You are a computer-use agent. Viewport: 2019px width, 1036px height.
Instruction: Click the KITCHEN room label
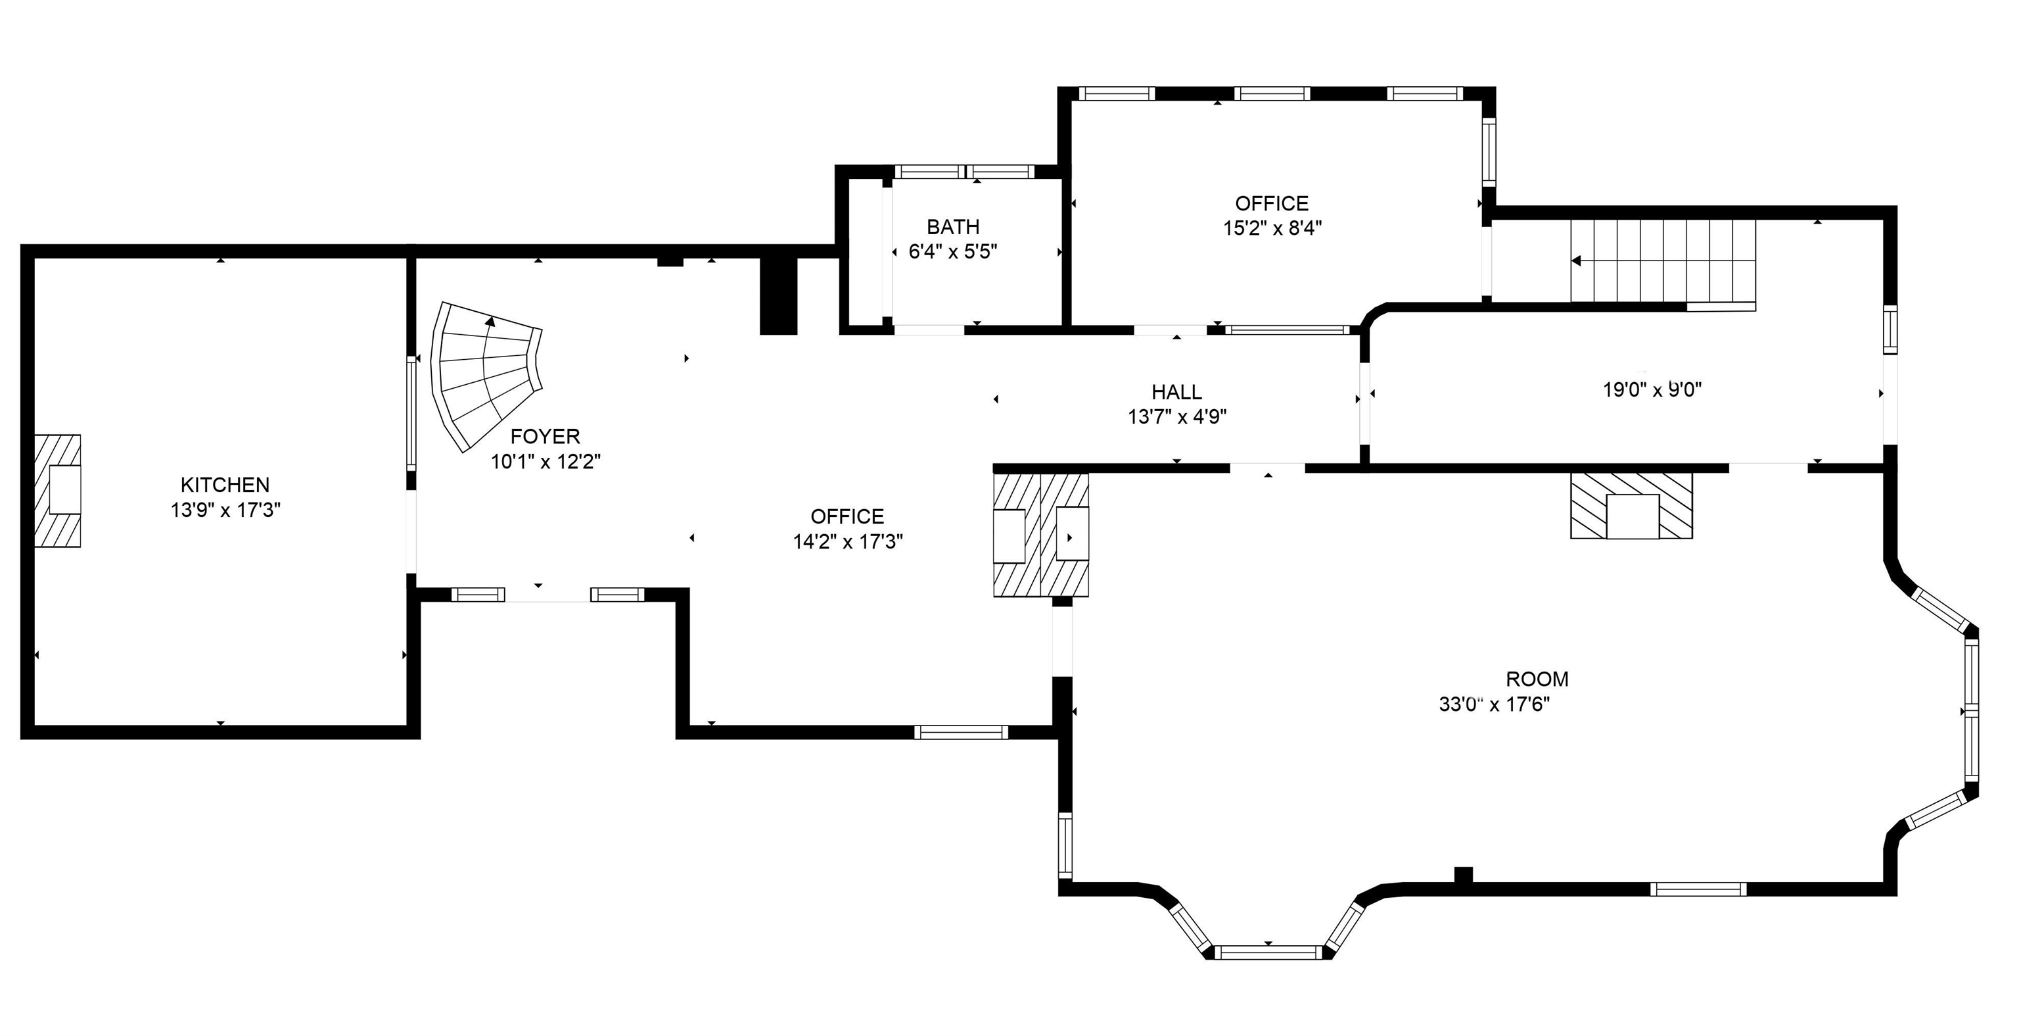[x=225, y=485]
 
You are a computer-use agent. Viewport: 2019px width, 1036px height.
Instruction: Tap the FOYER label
[x=545, y=436]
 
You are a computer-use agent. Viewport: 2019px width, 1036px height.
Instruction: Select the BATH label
[x=953, y=227]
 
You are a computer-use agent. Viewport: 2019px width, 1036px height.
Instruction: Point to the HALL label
[x=1176, y=391]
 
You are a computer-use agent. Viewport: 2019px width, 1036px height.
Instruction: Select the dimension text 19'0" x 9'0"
[x=1652, y=390]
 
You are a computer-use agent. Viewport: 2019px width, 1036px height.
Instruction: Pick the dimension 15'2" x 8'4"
[x=1272, y=228]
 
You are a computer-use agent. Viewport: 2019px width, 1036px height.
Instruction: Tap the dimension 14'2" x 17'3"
[x=847, y=541]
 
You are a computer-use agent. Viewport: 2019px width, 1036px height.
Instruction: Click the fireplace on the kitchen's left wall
[x=58, y=491]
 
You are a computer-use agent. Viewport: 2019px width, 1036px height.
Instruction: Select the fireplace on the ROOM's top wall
[x=1632, y=505]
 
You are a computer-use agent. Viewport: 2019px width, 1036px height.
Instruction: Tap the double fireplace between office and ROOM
[x=1041, y=535]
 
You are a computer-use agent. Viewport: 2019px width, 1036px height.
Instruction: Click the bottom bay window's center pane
[x=1268, y=952]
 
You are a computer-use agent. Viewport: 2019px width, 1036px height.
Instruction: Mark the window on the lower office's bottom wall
[x=961, y=733]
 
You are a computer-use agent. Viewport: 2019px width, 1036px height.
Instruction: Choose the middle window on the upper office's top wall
[x=1272, y=93]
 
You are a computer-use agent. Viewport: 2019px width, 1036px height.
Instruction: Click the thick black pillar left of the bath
[x=778, y=295]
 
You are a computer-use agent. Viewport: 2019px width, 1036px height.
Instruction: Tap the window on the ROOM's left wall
[x=1065, y=844]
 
